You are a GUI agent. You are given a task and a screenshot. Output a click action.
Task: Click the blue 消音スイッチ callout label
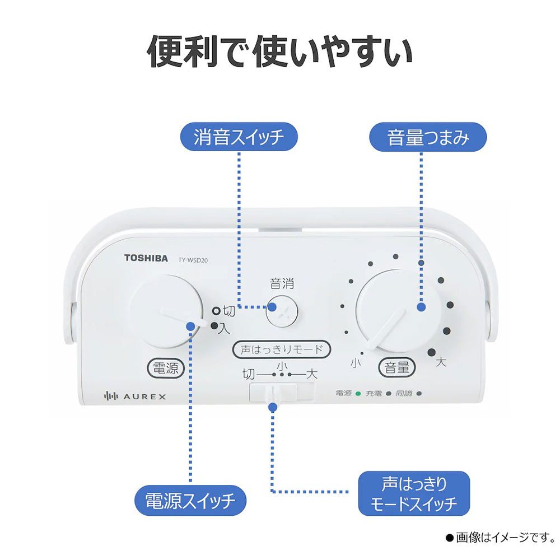[x=239, y=137]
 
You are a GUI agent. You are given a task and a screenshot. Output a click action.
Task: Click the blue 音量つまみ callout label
[x=428, y=137]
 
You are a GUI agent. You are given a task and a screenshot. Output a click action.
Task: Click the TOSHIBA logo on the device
[x=146, y=258]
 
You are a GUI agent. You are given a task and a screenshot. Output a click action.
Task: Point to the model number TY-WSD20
[x=197, y=259]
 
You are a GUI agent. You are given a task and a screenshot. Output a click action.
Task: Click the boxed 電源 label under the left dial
[x=165, y=368]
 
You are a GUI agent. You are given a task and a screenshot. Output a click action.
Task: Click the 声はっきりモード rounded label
[x=282, y=350]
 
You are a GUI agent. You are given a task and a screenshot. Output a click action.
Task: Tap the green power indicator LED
[x=358, y=394]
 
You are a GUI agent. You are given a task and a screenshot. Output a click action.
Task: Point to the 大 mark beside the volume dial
[x=441, y=363]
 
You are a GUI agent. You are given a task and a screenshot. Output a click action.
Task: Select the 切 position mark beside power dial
[x=228, y=311]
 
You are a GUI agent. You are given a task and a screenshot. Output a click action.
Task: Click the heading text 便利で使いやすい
[x=279, y=52]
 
